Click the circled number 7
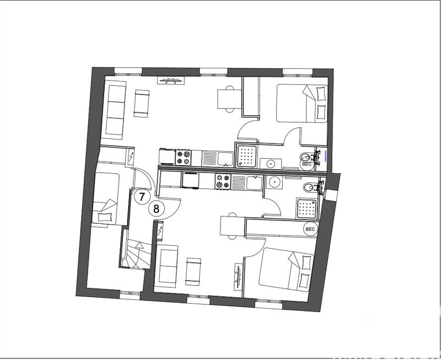[142, 196]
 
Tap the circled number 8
[157, 209]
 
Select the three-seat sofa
[115, 109]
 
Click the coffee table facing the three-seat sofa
[142, 103]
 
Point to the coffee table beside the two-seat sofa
[193, 271]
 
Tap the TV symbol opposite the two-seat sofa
[239, 275]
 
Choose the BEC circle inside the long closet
[310, 228]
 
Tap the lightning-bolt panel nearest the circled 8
[160, 232]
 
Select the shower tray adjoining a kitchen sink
[246, 155]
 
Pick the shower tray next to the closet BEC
[307, 207]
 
